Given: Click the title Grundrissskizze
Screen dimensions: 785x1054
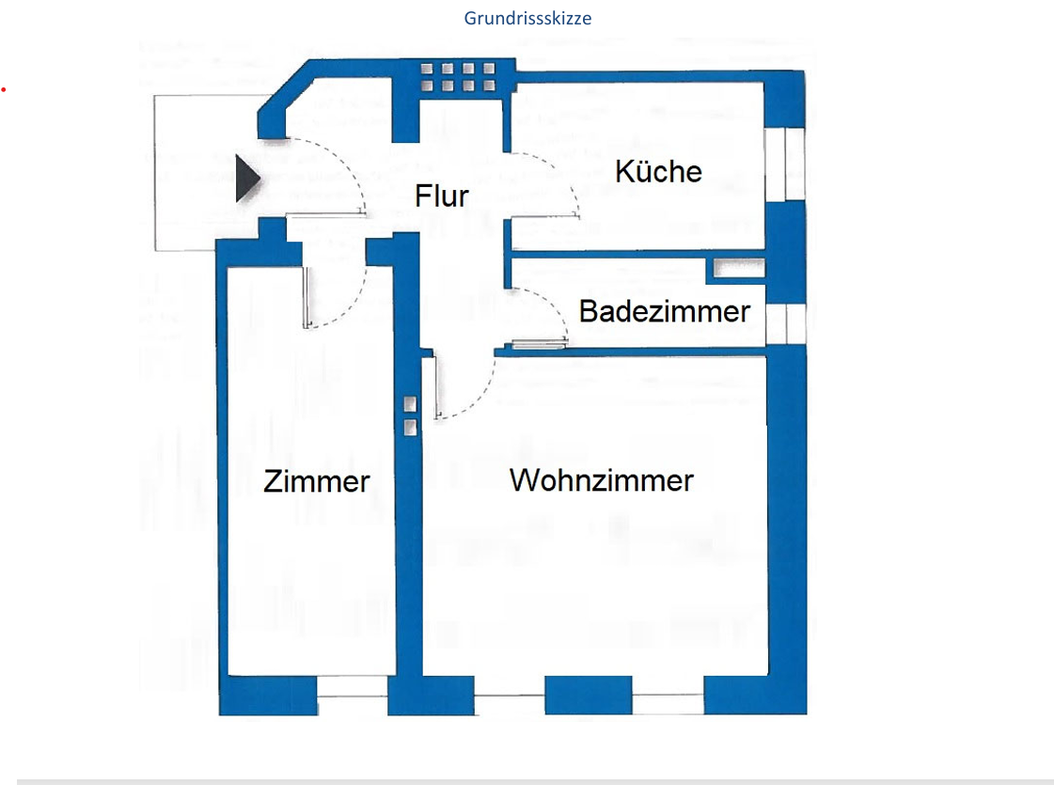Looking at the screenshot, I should pyautogui.click(x=527, y=18).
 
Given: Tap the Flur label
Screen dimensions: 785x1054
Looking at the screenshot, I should pyautogui.click(x=442, y=196).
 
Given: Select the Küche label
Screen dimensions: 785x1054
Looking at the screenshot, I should pyautogui.click(x=658, y=171).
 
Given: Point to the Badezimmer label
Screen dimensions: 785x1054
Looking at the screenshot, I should pyautogui.click(x=664, y=311).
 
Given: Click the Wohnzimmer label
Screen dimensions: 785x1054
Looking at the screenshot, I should pyautogui.click(x=602, y=480).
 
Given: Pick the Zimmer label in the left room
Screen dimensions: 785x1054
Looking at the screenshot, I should pyautogui.click(x=317, y=481).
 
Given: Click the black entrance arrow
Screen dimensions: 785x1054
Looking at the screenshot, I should pyautogui.click(x=247, y=179).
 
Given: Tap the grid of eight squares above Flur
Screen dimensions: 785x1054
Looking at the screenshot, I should pyautogui.click(x=458, y=77).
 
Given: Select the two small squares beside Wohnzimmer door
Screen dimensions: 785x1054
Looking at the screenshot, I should pyautogui.click(x=410, y=416).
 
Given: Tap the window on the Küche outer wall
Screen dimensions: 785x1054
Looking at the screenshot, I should pyautogui.click(x=785, y=165).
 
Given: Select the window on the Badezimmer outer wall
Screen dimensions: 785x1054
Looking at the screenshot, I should pyautogui.click(x=785, y=322).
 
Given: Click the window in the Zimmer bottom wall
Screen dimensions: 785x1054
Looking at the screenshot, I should pyautogui.click(x=352, y=696).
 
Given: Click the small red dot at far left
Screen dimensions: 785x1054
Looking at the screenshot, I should pyautogui.click(x=4, y=89).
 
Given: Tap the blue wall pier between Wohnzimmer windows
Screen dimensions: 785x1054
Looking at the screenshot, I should pyautogui.click(x=575, y=695).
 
